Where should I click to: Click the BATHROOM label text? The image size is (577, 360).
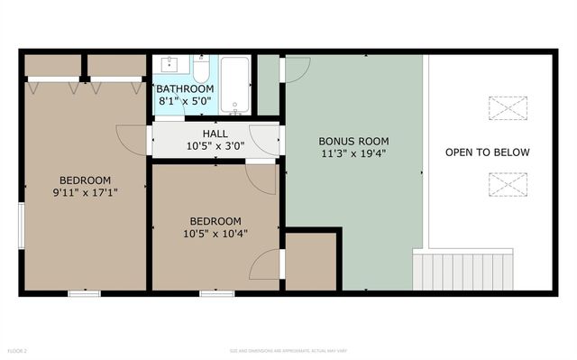[x=185, y=89]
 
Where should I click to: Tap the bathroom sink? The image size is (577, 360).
[x=171, y=65]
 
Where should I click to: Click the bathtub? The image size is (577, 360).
[x=234, y=85]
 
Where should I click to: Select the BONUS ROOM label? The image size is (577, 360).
[x=354, y=142]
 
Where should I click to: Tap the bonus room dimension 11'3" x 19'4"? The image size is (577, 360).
[x=354, y=154]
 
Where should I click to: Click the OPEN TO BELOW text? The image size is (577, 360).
[x=488, y=152]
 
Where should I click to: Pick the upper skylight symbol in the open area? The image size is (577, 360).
[x=505, y=107]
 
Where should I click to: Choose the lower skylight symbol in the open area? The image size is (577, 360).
[x=505, y=184]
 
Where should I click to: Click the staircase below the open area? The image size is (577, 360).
[x=463, y=271]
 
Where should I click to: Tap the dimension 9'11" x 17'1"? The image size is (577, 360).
[x=85, y=191]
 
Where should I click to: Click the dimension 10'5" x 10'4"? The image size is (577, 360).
[x=215, y=234]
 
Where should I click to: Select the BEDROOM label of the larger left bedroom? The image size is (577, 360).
[x=85, y=179]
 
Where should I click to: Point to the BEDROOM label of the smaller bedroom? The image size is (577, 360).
[x=215, y=221]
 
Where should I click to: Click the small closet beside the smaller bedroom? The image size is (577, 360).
[x=311, y=262]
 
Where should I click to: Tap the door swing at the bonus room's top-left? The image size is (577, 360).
[x=296, y=69]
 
